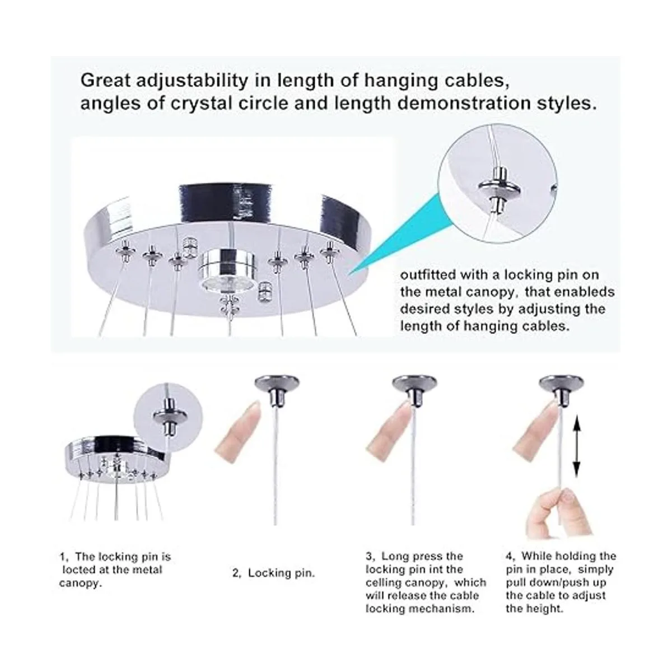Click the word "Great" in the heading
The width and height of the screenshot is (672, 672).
click(105, 81)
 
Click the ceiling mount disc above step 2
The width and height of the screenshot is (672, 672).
click(277, 383)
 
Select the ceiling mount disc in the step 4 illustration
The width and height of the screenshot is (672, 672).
click(561, 383)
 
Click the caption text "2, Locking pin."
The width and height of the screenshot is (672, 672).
click(274, 573)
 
